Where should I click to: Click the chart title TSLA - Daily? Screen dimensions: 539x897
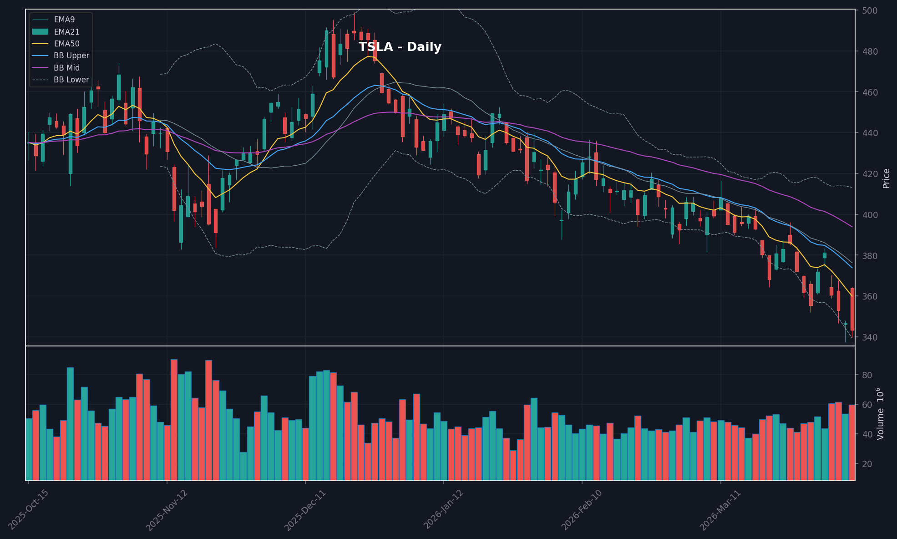pyautogui.click(x=400, y=47)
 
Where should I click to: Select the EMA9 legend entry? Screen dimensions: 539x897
pyautogui.click(x=64, y=20)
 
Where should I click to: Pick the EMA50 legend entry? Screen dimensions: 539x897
pyautogui.click(x=66, y=44)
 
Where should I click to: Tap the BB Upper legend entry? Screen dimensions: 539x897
pyautogui.click(x=71, y=56)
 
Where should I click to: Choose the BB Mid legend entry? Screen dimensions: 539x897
pyautogui.click(x=66, y=68)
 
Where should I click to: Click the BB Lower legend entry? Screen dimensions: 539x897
pyautogui.click(x=71, y=80)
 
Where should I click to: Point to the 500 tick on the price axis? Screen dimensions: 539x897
pyautogui.click(x=867, y=10)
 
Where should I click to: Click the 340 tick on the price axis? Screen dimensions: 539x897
pyautogui.click(x=867, y=337)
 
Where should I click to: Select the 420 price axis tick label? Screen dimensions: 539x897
pyautogui.click(x=867, y=174)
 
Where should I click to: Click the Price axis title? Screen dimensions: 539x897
pyautogui.click(x=886, y=178)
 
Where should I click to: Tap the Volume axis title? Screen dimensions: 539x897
pyautogui.click(x=881, y=413)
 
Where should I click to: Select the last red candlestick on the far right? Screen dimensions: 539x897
pyautogui.click(x=852, y=309)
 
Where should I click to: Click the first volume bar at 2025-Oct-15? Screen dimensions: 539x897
pyautogui.click(x=29, y=449)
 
